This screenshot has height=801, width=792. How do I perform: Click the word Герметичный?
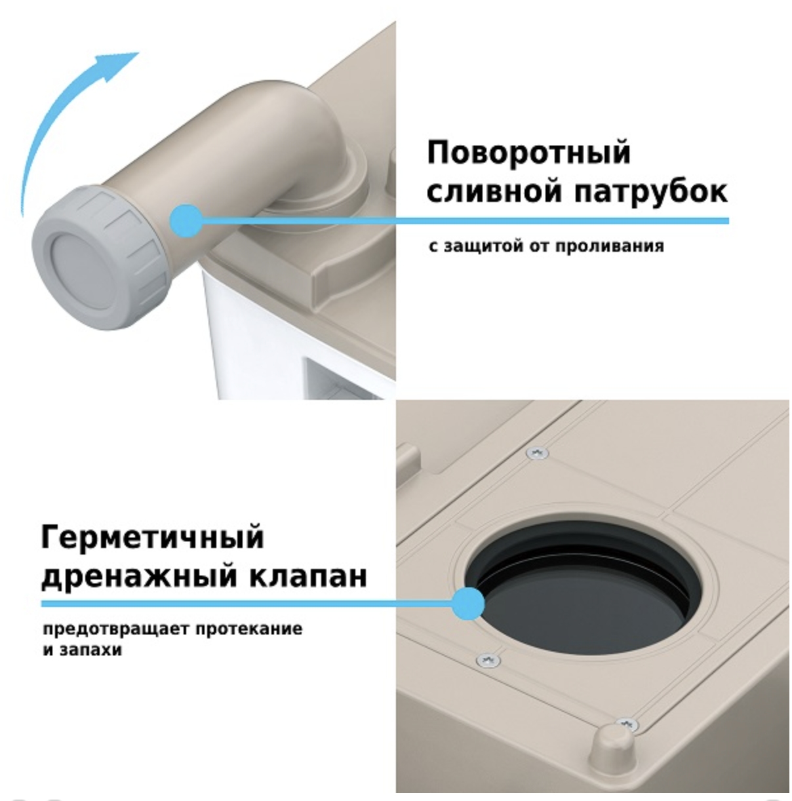[153, 537]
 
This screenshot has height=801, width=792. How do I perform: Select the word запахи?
[90, 650]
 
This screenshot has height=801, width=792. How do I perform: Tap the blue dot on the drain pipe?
[186, 221]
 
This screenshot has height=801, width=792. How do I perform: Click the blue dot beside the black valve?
[468, 604]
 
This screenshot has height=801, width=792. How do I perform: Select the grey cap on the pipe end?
[100, 258]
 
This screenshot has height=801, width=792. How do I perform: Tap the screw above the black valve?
[537, 452]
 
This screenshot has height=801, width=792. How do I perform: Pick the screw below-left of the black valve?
[488, 659]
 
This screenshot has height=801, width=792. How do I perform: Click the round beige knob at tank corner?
[613, 746]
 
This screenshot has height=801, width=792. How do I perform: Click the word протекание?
[248, 629]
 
